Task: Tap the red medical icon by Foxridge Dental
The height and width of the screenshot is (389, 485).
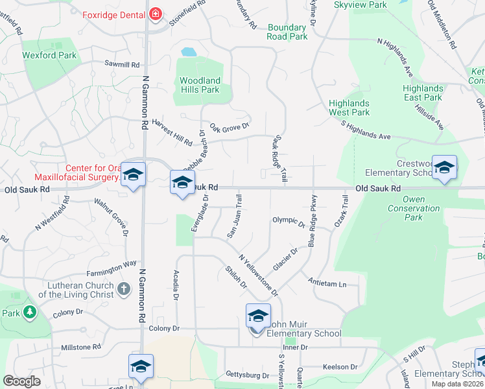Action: pos(155,13)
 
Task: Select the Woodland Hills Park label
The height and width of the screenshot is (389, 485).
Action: pos(200,85)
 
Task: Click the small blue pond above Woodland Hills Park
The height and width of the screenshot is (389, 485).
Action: pos(189,51)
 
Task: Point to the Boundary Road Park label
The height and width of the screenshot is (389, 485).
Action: pos(287,32)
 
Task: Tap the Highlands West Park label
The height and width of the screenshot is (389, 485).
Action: pos(349,108)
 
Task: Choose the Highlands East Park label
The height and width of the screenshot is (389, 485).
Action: pos(422,93)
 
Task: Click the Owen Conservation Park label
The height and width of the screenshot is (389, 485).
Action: pos(414,208)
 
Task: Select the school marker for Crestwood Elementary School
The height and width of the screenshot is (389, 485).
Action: pos(444,169)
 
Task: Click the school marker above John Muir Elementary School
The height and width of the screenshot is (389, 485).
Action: pos(258,316)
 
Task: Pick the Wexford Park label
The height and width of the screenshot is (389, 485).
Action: pos(49,55)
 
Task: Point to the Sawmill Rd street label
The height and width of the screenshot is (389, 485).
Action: pos(122,64)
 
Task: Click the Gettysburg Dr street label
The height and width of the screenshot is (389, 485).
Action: pos(247,375)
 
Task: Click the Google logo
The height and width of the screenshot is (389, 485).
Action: pos(21,381)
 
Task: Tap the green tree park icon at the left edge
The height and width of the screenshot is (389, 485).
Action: pos(29,312)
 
